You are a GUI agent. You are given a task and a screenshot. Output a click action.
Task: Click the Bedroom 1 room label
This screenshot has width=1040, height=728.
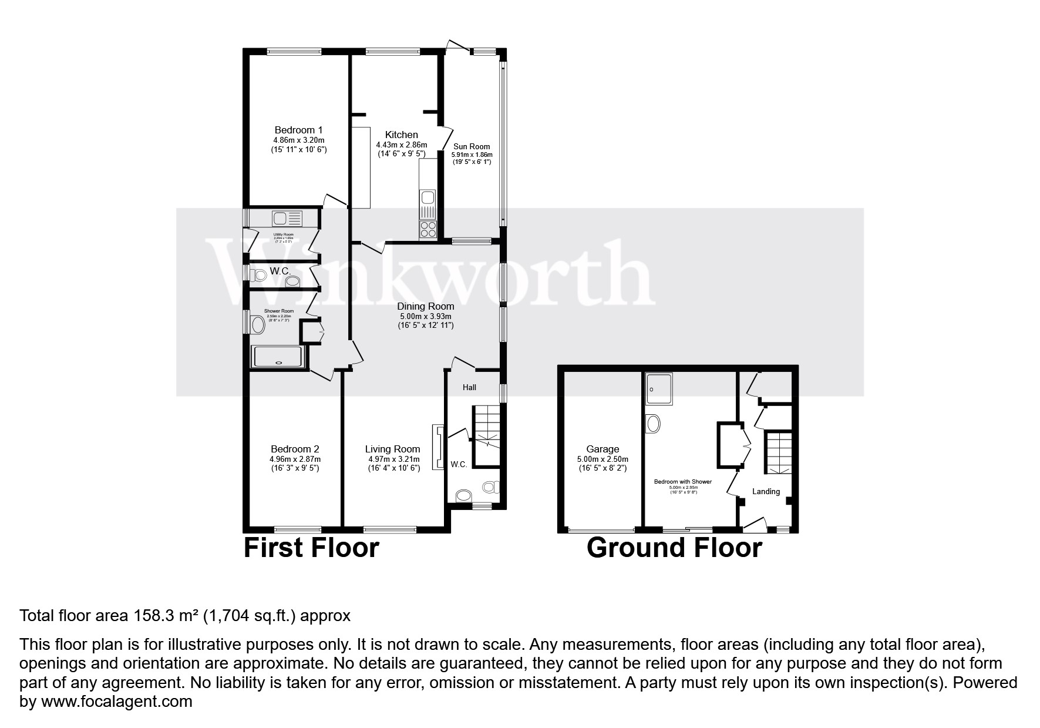(299, 130)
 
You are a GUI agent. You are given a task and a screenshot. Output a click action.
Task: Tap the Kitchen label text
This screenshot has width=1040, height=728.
(401, 135)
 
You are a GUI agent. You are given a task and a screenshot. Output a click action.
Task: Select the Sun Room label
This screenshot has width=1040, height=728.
(471, 146)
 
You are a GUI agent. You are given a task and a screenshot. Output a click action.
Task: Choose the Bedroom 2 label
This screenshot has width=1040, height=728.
(295, 449)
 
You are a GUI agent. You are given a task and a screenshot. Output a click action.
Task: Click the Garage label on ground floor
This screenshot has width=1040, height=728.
(603, 449)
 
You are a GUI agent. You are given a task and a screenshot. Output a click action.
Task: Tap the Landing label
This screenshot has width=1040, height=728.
(766, 491)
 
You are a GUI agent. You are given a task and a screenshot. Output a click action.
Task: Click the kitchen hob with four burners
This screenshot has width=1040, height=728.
(428, 228)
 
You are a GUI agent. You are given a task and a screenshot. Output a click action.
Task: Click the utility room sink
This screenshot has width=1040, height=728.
(287, 219)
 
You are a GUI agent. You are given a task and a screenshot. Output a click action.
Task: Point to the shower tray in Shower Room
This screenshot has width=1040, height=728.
(278, 357)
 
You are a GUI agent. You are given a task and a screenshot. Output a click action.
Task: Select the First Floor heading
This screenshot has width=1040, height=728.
(311, 548)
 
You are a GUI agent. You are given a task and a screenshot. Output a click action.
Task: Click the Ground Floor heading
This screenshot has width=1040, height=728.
(674, 548)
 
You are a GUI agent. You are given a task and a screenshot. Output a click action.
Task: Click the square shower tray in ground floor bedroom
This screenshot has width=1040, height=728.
(659, 388)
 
